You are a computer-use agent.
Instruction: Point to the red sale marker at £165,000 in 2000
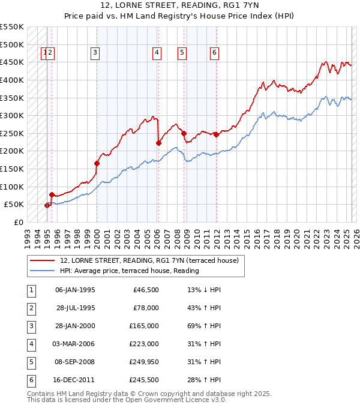pyautogui.click(x=97, y=163)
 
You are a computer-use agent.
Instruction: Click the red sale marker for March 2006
pyautogui.click(x=158, y=143)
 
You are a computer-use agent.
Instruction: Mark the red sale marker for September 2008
pyautogui.click(x=184, y=133)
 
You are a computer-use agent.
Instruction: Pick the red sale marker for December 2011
pyautogui.click(x=216, y=135)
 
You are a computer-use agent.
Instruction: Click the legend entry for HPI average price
pyautogui.click(x=129, y=271)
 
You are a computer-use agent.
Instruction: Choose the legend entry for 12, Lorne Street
pyautogui.click(x=149, y=260)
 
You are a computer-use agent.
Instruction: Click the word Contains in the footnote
pyautogui.click(x=42, y=394)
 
